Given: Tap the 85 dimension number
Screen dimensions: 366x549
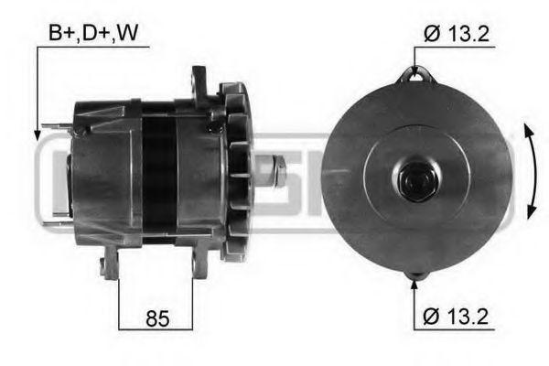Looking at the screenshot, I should coord(156,319).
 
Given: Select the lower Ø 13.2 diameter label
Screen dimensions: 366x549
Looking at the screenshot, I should coord(457,319).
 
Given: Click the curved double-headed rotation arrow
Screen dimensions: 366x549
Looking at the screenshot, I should coord(531,173).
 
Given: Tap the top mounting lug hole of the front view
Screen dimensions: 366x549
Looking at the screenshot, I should coord(417,76).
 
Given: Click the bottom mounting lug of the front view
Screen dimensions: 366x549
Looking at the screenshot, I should coord(417,273).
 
